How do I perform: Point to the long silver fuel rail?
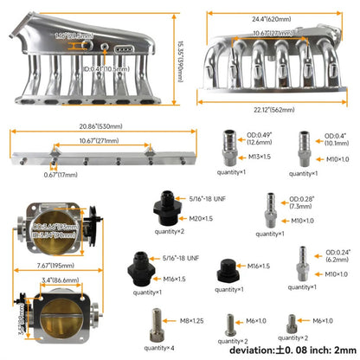tap(82, 157)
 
